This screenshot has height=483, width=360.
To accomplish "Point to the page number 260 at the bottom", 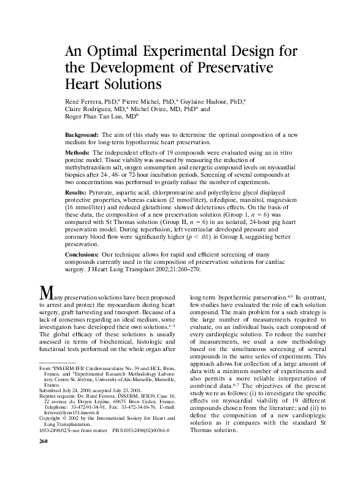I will [x=44, y=476].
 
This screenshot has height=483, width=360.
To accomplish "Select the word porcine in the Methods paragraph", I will [x=75, y=158].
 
